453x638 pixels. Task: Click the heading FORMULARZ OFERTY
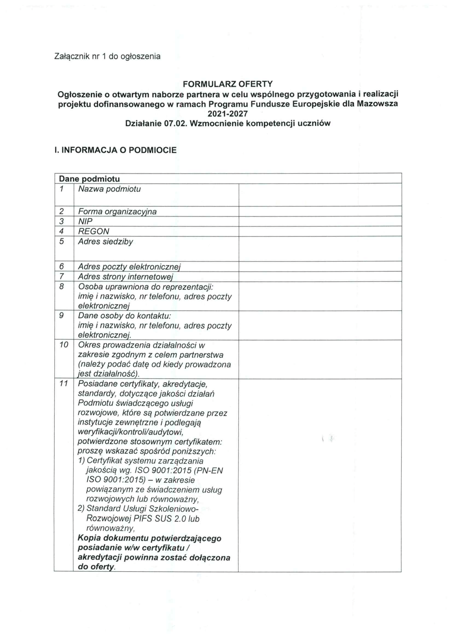click(x=228, y=84)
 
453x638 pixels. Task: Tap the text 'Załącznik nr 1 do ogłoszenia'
click(x=108, y=57)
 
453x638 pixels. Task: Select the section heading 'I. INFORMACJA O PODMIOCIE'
click(x=115, y=150)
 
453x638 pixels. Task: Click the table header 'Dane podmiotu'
click(x=89, y=179)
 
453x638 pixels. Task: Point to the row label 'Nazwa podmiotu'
click(x=109, y=189)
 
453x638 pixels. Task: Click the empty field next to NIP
click(x=320, y=221)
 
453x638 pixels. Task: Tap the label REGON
click(x=94, y=231)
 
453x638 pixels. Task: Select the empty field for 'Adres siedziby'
click(x=320, y=249)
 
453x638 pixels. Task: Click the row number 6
click(x=62, y=267)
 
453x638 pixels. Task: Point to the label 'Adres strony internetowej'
click(x=126, y=277)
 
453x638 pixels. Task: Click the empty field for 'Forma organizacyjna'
click(x=320, y=211)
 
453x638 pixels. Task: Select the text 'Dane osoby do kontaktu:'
click(x=124, y=316)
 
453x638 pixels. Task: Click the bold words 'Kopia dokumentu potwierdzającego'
click(x=150, y=538)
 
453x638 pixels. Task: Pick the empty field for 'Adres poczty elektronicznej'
click(x=320, y=267)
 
